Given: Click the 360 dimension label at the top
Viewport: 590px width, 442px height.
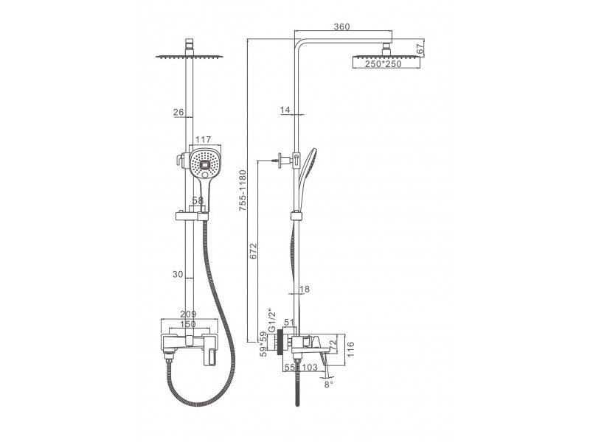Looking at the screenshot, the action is pyautogui.click(x=341, y=27).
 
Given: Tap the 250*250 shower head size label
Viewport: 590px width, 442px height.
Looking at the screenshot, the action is pyautogui.click(x=383, y=64).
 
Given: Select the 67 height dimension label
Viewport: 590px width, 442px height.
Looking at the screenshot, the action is pyautogui.click(x=420, y=49).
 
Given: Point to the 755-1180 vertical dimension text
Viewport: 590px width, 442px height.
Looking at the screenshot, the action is pyautogui.click(x=243, y=190).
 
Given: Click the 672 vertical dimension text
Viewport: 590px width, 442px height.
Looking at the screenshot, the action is pyautogui.click(x=253, y=251).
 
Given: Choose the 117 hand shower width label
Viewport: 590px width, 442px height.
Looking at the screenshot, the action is pyautogui.click(x=204, y=140).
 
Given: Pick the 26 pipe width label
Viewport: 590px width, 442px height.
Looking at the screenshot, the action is pyautogui.click(x=178, y=112).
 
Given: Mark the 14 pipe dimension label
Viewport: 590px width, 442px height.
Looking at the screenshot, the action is pyautogui.click(x=285, y=110).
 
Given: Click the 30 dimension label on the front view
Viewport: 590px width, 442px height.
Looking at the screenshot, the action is pyautogui.click(x=178, y=274).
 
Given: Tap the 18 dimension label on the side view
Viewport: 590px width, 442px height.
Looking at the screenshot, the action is pyautogui.click(x=305, y=289).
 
